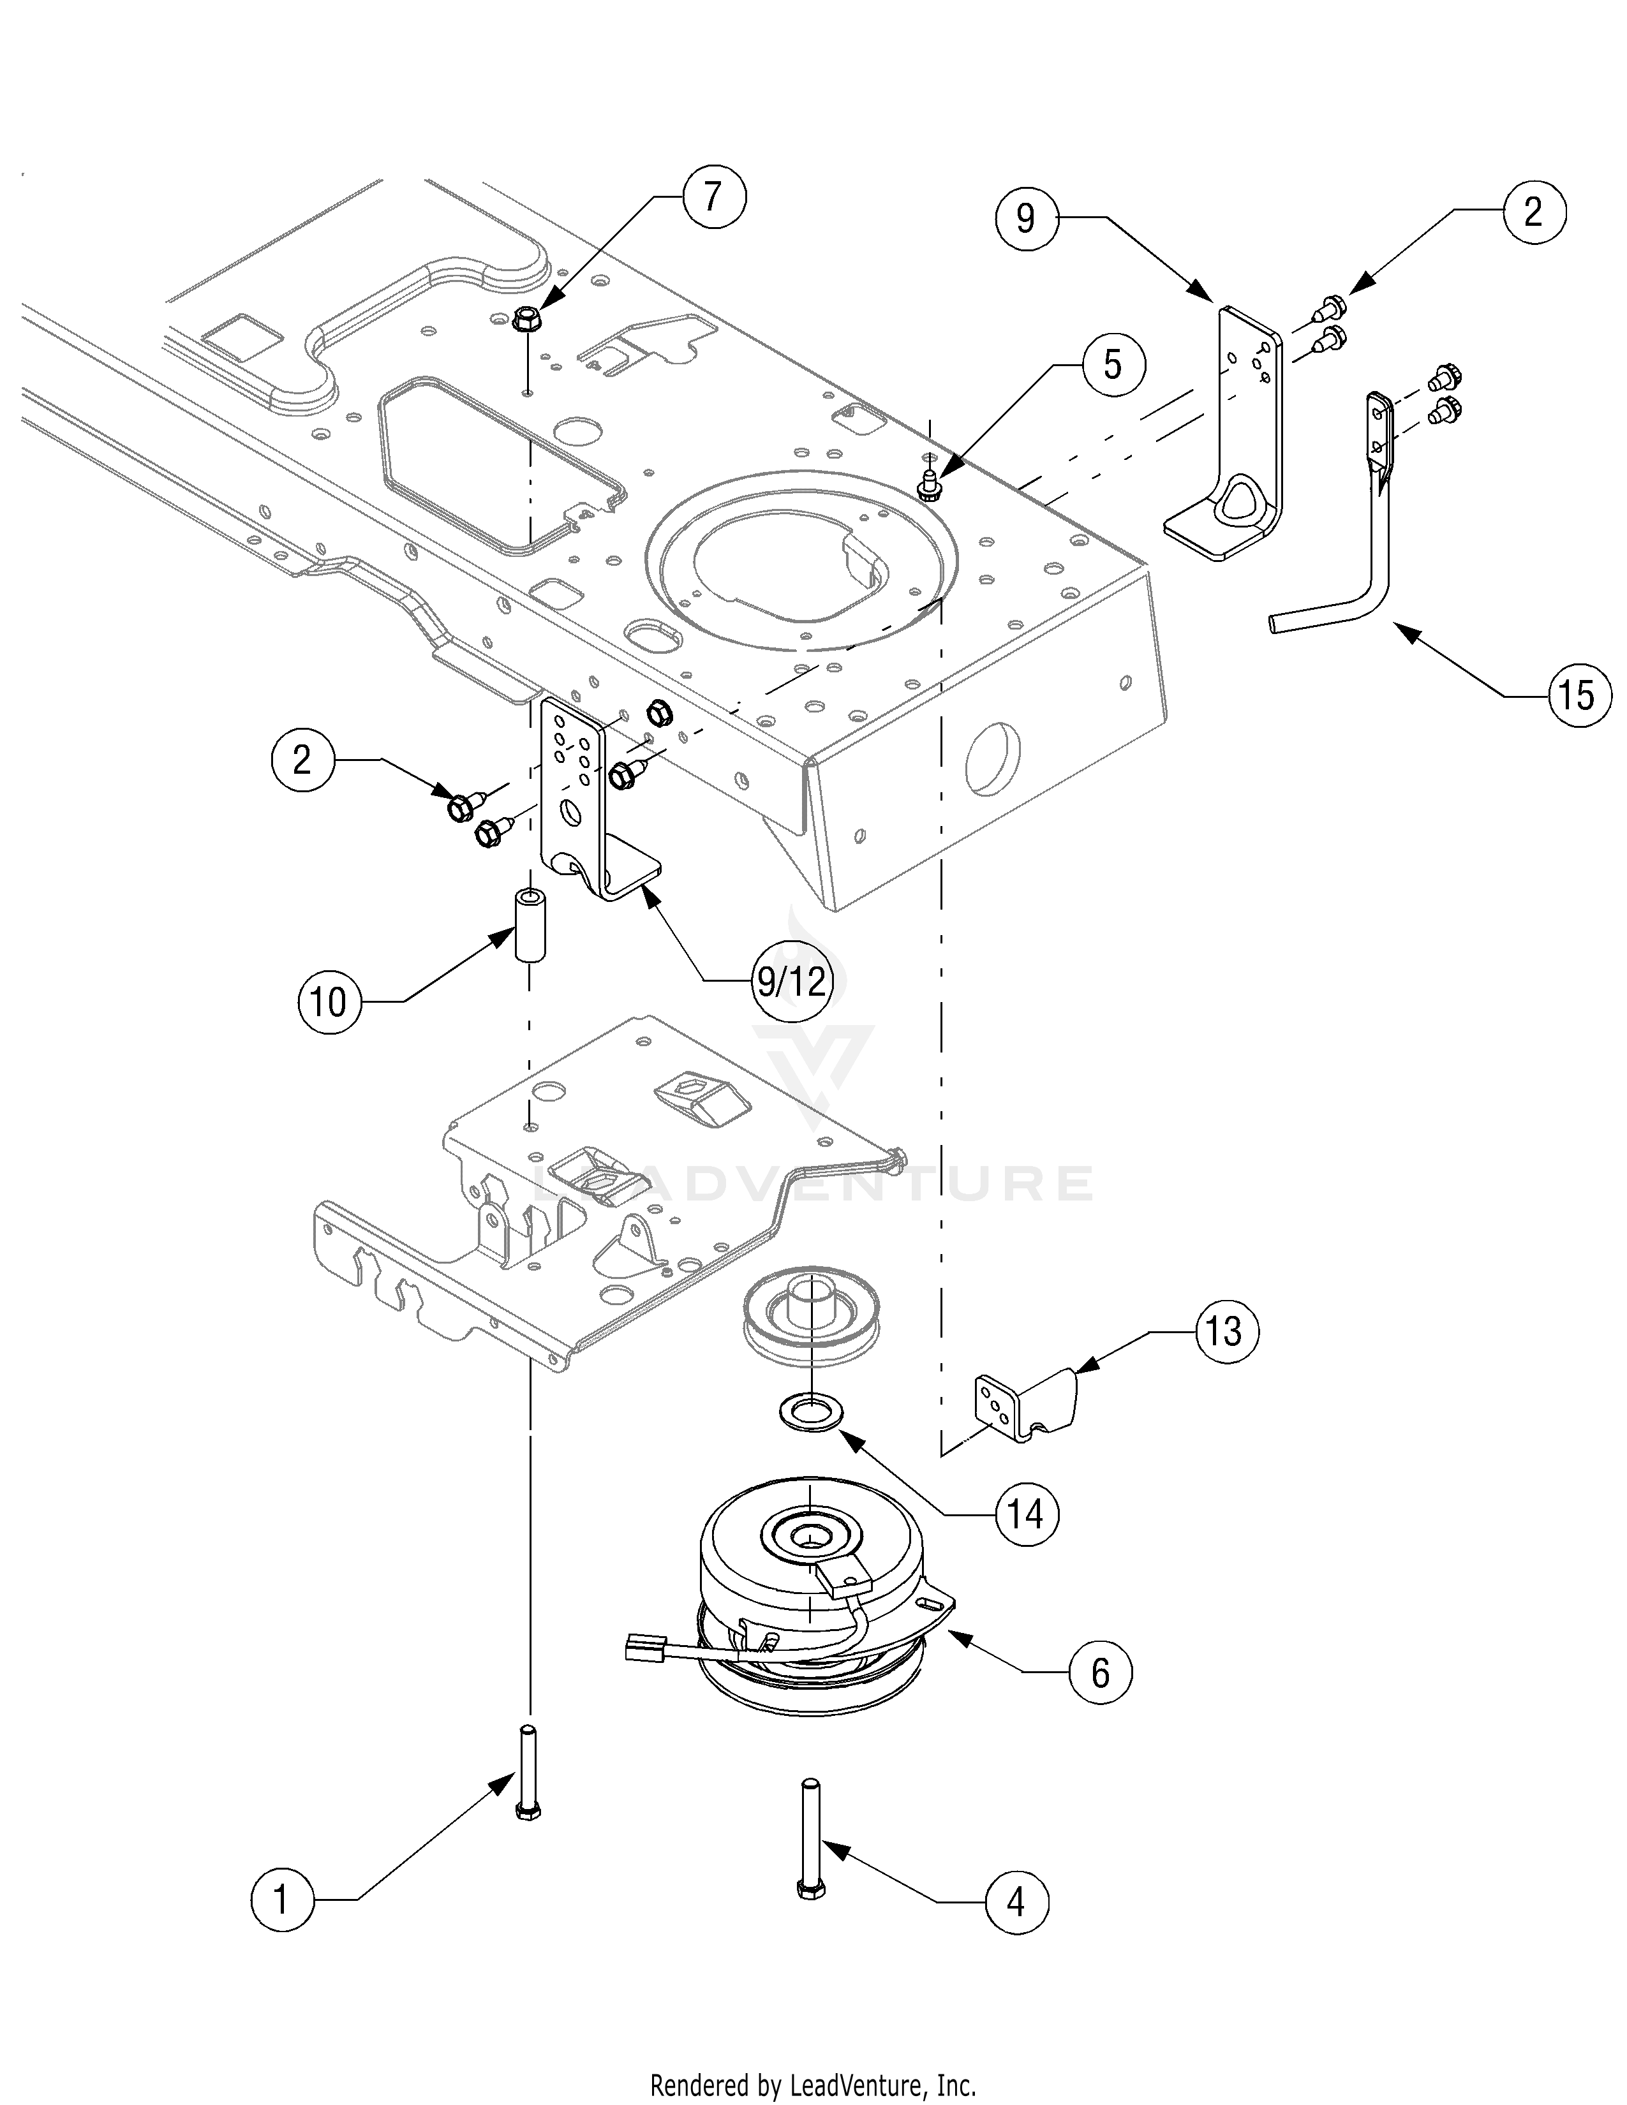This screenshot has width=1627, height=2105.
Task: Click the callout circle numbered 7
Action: pos(713,198)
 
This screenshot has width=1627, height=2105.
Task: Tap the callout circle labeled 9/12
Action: pos(791,981)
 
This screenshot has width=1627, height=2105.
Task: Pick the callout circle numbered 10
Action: pos(329,1002)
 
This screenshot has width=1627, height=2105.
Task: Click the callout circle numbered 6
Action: pos(1101,1673)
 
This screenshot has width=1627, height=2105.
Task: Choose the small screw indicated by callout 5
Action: pos(929,486)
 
